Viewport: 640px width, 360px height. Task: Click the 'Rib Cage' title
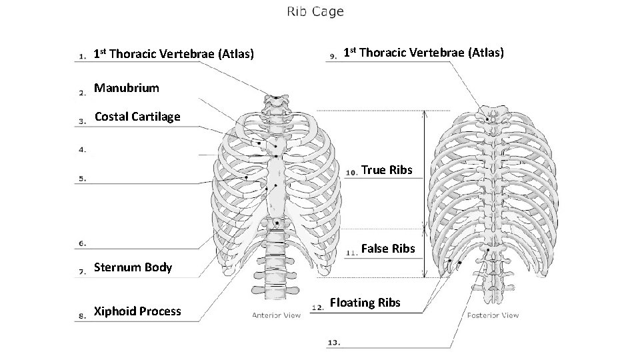click(x=315, y=11)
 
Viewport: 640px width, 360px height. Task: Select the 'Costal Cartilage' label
click(x=137, y=117)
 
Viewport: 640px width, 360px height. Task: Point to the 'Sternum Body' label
click(x=133, y=268)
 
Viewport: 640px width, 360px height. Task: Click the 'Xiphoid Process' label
click(x=137, y=311)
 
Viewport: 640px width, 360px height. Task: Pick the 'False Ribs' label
click(x=388, y=249)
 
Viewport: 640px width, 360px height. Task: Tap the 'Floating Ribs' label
click(x=365, y=303)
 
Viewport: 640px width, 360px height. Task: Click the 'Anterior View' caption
click(x=276, y=315)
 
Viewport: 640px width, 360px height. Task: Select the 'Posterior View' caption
click(x=493, y=315)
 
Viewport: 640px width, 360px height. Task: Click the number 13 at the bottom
click(x=335, y=343)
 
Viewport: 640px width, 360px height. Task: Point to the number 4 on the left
click(x=82, y=150)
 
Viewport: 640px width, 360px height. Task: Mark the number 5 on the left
click(x=82, y=179)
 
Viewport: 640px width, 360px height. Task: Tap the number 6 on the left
click(x=82, y=244)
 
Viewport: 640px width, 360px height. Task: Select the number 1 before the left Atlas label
click(x=82, y=57)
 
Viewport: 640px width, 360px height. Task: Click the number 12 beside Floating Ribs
click(x=317, y=307)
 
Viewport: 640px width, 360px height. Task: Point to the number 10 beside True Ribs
click(x=352, y=172)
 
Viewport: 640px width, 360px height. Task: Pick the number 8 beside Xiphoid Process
click(x=82, y=317)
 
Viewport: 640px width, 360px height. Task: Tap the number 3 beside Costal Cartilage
click(x=82, y=122)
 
